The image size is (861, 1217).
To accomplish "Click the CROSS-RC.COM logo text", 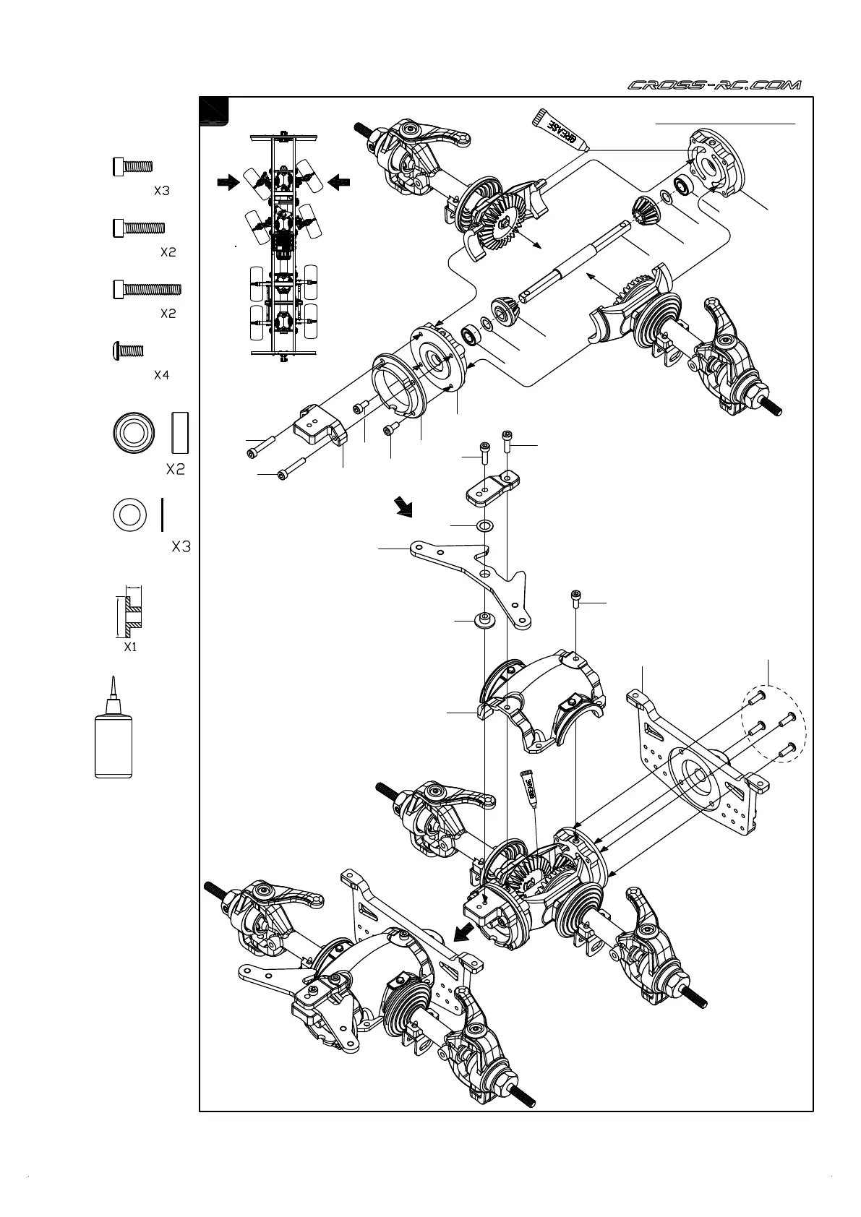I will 714,85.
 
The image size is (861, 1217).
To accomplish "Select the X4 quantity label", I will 161,376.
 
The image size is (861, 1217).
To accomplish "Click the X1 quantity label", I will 129,647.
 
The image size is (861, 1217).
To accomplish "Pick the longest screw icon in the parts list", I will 147,289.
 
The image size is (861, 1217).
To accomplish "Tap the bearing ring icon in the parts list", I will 134,433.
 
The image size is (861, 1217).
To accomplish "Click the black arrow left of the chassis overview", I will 228,184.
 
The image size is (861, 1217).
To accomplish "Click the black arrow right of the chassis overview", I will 338,184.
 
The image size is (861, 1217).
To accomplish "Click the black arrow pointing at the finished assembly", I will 461,937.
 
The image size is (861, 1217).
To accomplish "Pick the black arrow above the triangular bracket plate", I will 403,507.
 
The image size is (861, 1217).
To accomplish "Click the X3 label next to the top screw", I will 161,192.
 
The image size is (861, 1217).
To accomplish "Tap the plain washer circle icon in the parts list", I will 129,516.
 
